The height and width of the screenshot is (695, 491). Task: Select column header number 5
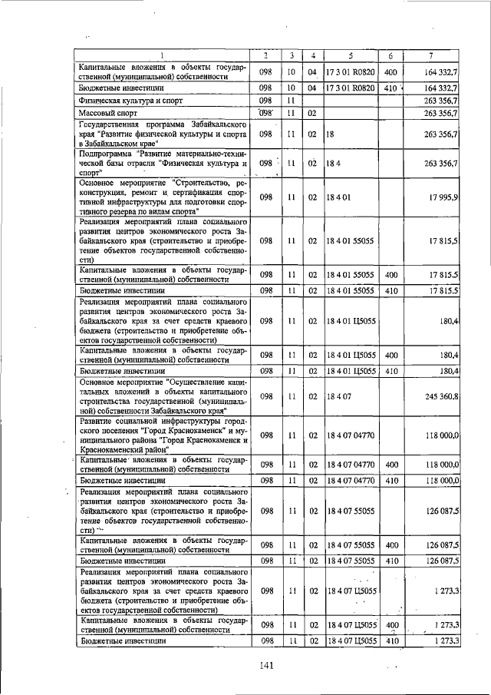(x=351, y=55)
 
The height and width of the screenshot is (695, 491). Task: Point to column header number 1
(x=162, y=55)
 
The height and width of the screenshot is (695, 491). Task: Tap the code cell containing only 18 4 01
(x=338, y=197)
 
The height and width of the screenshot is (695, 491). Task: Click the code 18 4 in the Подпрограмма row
(x=331, y=163)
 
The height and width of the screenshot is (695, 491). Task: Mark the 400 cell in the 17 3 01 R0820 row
(x=390, y=71)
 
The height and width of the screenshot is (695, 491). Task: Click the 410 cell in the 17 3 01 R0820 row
(x=390, y=88)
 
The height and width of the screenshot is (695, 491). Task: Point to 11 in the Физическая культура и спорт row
(x=292, y=101)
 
